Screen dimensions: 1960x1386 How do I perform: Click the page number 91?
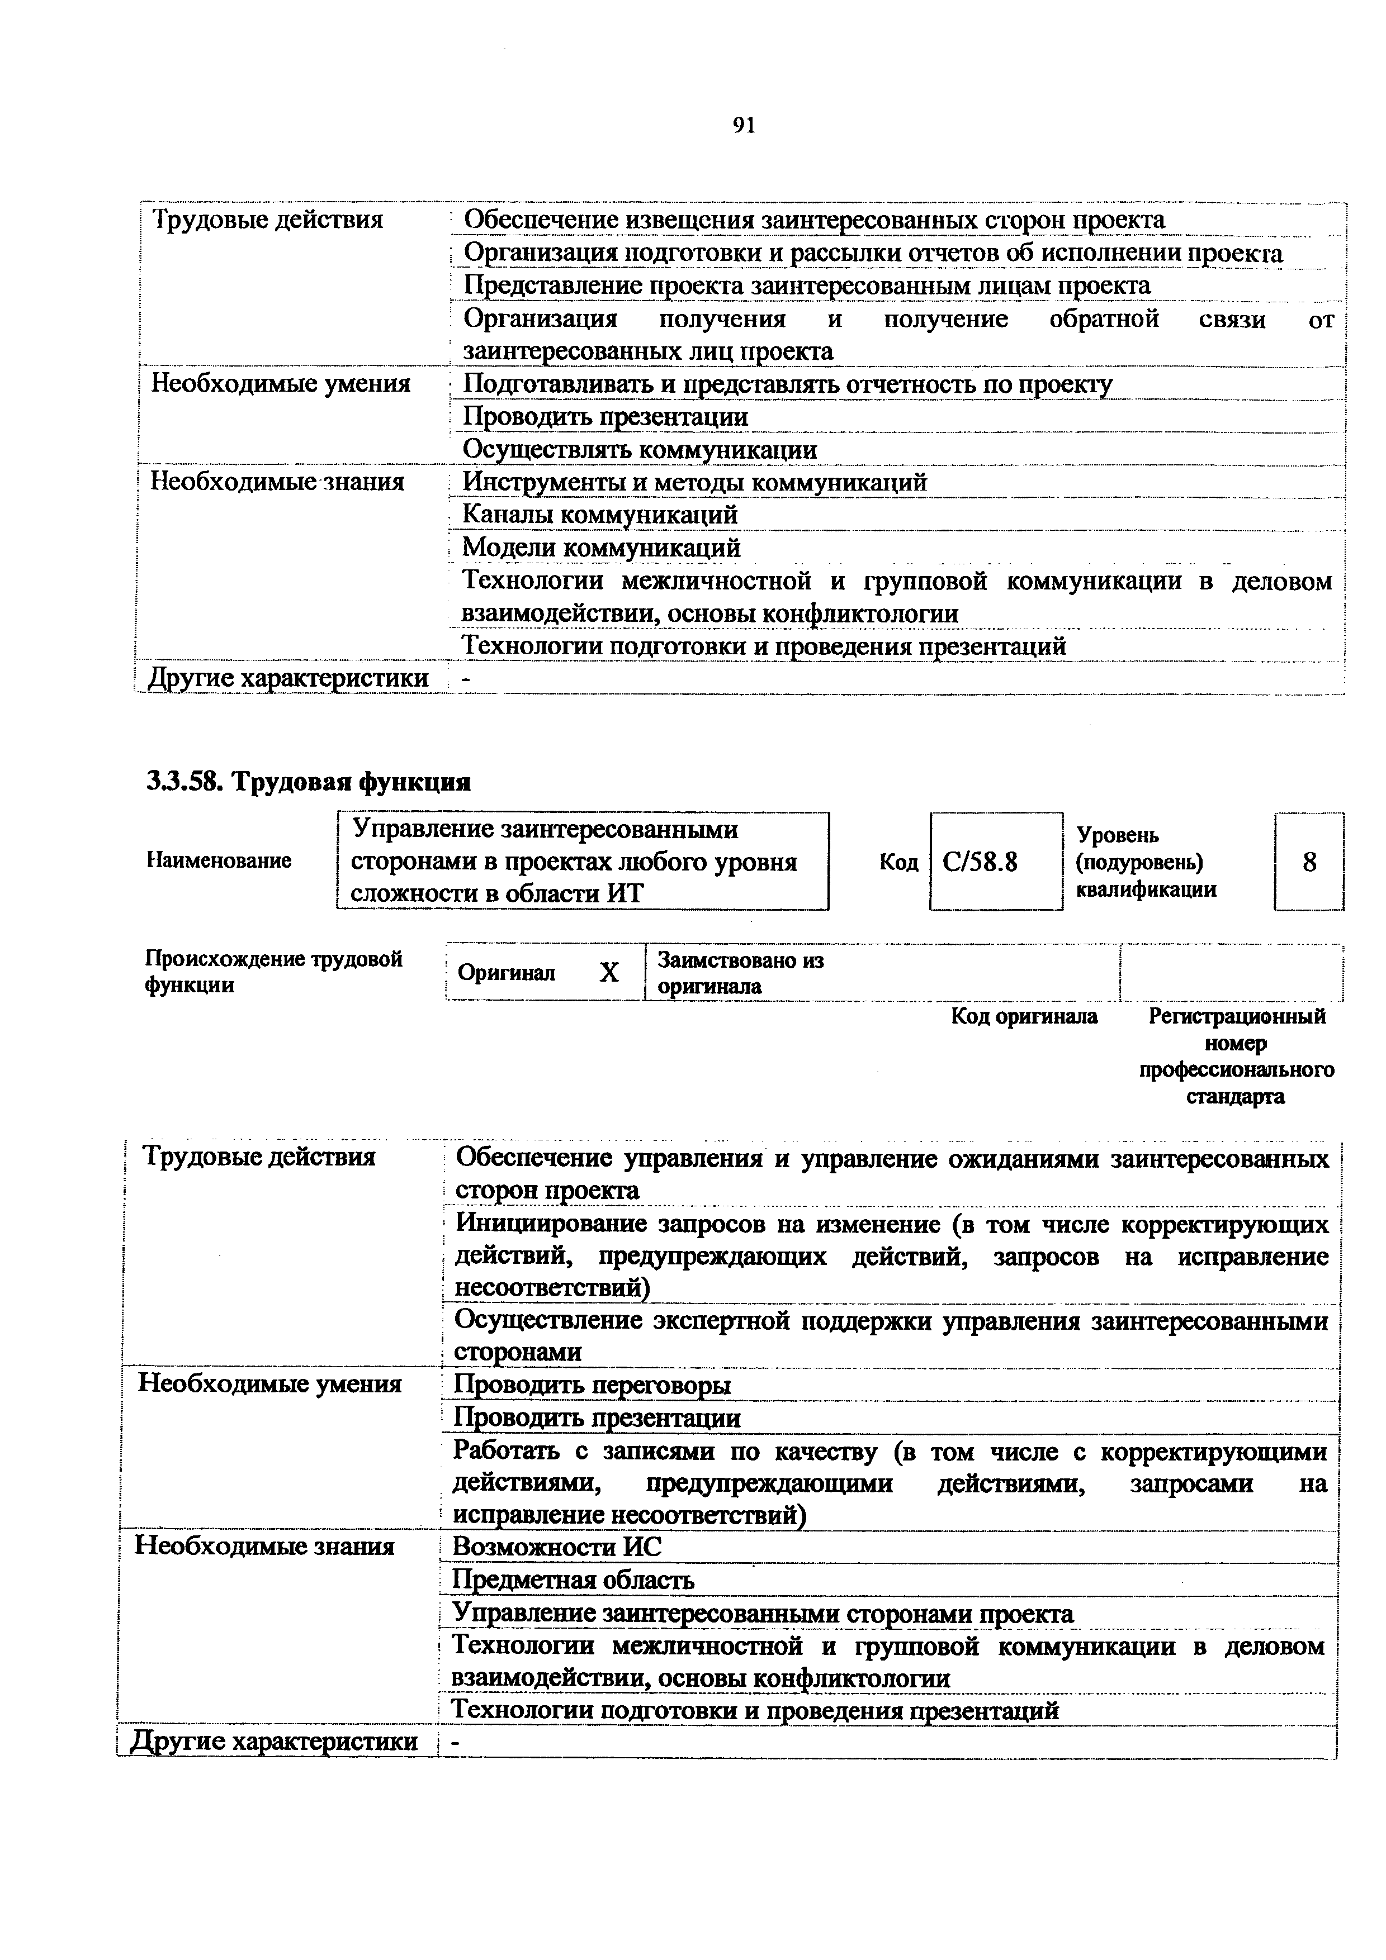tap(743, 126)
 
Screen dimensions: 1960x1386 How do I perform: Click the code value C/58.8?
tap(980, 862)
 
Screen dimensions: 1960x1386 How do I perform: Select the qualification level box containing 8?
tap(1308, 862)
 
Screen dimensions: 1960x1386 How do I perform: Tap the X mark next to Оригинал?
tap(608, 972)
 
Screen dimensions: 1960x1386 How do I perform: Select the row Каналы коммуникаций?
tap(599, 515)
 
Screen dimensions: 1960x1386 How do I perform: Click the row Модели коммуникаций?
tap(601, 547)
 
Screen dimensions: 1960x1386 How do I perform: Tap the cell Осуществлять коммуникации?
tap(640, 449)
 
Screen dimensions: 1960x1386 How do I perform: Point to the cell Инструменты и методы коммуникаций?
tap(694, 482)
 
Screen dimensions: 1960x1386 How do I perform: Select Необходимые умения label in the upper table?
tap(281, 383)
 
